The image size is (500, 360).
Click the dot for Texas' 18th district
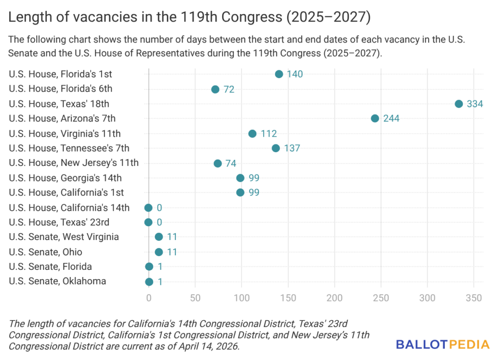[458, 104]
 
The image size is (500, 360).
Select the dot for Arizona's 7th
[375, 119]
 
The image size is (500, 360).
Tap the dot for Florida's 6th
[215, 89]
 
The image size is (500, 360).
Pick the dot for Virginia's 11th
[252, 134]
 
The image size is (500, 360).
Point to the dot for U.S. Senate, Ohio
[159, 252]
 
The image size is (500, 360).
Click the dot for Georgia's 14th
[240, 178]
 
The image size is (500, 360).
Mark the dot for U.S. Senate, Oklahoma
[149, 282]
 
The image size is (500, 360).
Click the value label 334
[475, 104]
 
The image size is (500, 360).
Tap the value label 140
[295, 74]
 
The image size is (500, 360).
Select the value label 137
[292, 148]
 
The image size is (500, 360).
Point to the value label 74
[231, 163]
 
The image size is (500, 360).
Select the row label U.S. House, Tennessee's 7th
[69, 148]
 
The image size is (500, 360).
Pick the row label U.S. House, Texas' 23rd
[59, 222]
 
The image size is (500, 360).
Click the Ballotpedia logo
[442, 344]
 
